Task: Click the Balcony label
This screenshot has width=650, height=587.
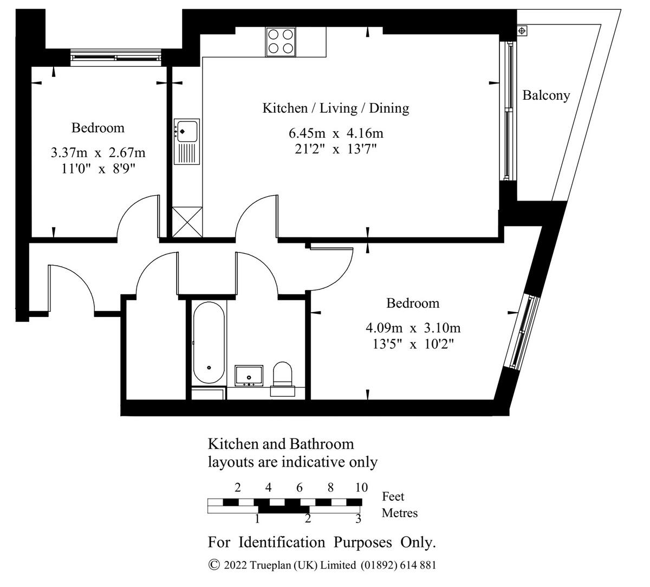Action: tap(546, 95)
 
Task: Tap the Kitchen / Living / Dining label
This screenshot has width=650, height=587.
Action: tap(336, 108)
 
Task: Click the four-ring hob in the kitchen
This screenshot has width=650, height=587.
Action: tap(281, 41)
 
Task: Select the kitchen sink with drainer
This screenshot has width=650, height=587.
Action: tap(186, 141)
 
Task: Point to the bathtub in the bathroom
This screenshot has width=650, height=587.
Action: tap(209, 343)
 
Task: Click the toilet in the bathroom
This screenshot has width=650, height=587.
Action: tap(282, 375)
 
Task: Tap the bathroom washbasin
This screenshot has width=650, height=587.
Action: tap(249, 376)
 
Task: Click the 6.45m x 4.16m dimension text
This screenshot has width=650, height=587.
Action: tap(336, 133)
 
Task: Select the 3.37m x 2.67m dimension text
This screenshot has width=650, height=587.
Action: tap(98, 153)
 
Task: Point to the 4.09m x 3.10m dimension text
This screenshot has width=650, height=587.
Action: tap(413, 328)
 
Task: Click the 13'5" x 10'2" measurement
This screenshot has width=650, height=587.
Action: tap(413, 344)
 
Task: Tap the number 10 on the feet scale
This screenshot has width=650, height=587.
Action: tap(361, 487)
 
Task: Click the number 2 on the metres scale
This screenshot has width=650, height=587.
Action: tap(308, 519)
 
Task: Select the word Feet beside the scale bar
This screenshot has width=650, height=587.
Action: tap(393, 496)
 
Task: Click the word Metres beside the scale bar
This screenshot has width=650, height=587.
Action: tap(400, 513)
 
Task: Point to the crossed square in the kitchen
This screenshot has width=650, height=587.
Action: tap(186, 222)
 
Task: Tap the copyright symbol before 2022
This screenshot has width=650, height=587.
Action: tap(214, 565)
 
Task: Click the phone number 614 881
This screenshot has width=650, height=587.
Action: tap(418, 565)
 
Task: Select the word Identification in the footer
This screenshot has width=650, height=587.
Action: tap(282, 542)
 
